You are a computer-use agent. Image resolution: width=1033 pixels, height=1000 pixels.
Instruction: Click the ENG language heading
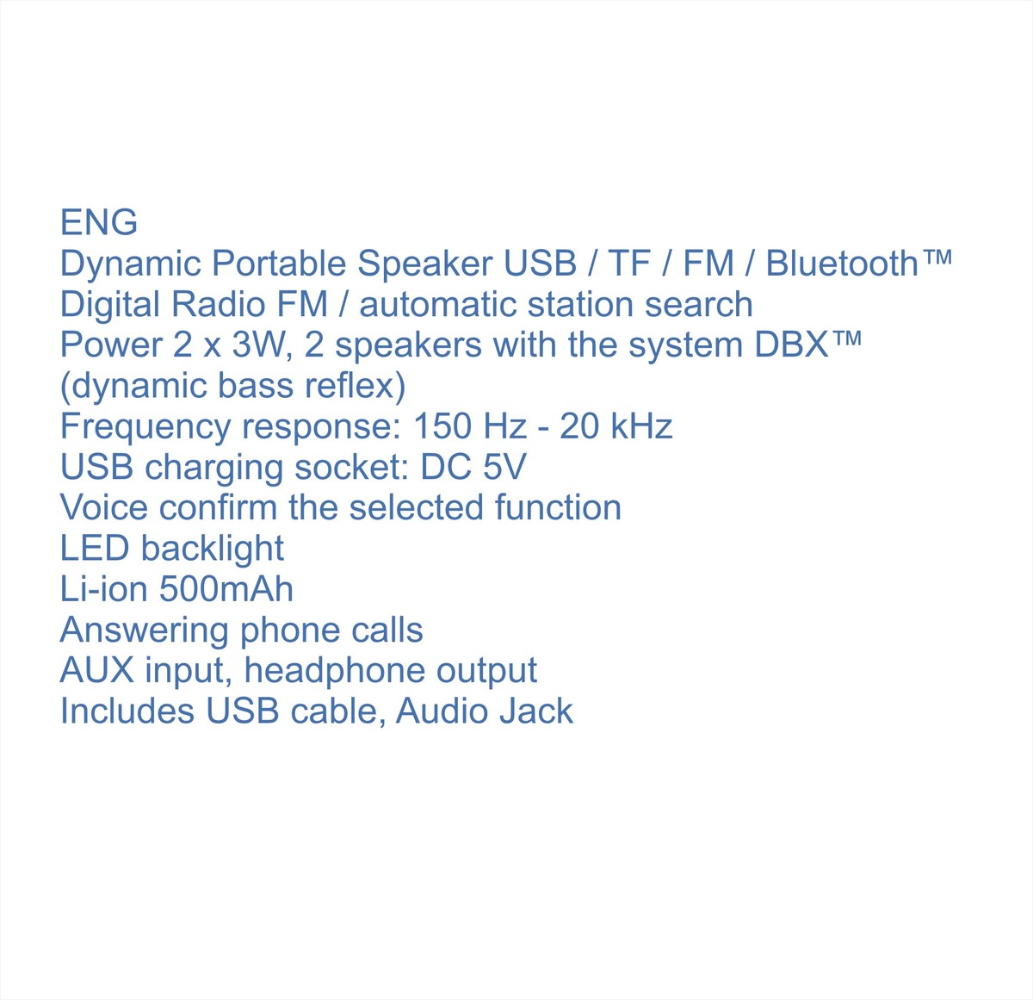pyautogui.click(x=99, y=222)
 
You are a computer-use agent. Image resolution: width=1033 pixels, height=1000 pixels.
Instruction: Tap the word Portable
pyautogui.click(x=279, y=263)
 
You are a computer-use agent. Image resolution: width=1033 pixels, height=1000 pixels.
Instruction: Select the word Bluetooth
pyautogui.click(x=842, y=263)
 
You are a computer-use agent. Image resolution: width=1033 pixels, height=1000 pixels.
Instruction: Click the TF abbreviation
pyautogui.click(x=629, y=263)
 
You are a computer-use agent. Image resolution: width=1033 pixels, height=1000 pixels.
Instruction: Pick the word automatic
pyautogui.click(x=437, y=304)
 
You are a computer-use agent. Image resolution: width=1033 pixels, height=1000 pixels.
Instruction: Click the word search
pyautogui.click(x=699, y=304)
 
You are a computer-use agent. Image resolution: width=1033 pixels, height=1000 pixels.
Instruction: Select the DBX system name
pyautogui.click(x=791, y=345)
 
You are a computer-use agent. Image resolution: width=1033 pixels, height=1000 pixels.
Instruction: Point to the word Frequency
pyautogui.click(x=145, y=426)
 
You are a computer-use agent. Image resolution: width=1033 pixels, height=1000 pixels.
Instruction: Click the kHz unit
pyautogui.click(x=641, y=426)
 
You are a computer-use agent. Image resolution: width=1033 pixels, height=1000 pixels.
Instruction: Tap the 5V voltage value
pyautogui.click(x=504, y=468)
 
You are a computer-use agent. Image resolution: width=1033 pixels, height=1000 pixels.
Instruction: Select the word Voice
pyautogui.click(x=104, y=507)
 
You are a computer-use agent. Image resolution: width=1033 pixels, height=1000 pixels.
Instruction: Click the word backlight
pyautogui.click(x=212, y=549)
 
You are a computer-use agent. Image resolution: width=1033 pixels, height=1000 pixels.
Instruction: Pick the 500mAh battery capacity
pyautogui.click(x=226, y=589)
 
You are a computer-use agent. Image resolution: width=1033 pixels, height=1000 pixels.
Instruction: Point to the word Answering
pyautogui.click(x=145, y=630)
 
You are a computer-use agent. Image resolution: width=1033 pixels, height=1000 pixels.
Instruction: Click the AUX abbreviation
pyautogui.click(x=96, y=671)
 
